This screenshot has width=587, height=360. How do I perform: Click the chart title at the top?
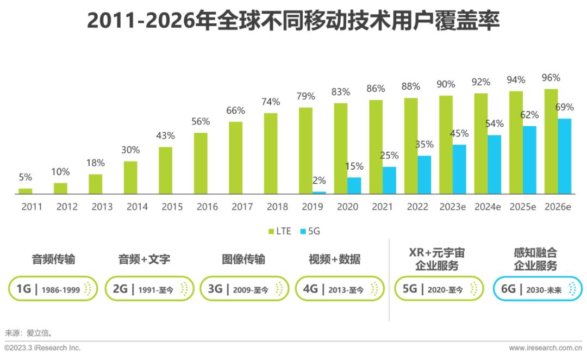pos(293,22)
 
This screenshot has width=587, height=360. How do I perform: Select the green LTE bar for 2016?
pos(201,163)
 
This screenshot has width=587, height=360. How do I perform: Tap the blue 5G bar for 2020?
pos(354,185)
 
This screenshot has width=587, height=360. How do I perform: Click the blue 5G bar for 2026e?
pos(565,156)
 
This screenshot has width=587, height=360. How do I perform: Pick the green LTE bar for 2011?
pos(26,191)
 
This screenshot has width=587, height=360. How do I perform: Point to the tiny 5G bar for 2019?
pos(319,193)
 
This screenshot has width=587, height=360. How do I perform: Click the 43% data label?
pos(166,135)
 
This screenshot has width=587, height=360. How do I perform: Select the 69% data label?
pos(565,107)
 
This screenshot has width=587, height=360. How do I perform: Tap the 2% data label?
pos(319,180)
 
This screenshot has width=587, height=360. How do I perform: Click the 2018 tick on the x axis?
pos(277,207)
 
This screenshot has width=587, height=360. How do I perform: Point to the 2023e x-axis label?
pos(453,207)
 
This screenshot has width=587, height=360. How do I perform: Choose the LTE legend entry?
pos(280,231)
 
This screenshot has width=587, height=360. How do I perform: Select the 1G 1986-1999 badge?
pos(53,289)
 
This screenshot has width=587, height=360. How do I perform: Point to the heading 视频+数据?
pos(334,259)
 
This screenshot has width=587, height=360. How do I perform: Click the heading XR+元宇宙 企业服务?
pos(436,259)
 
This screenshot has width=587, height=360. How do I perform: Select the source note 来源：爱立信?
pos(29,332)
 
